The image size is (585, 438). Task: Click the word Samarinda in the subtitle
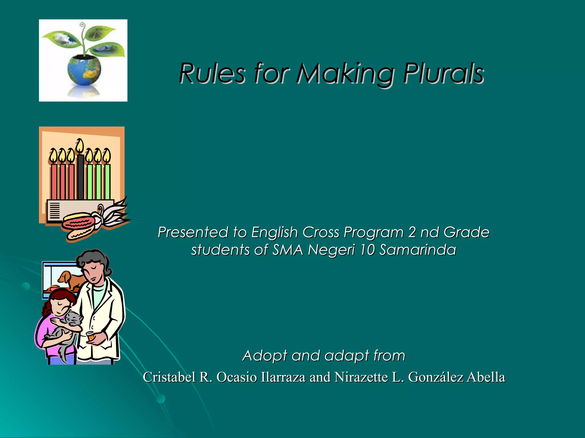pos(417,250)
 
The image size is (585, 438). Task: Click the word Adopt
pos(265,356)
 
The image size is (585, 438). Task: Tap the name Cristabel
pos(169,377)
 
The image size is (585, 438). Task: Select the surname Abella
pos(486,377)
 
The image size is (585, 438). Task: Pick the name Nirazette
pos(361,377)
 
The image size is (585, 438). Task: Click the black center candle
pos(81,177)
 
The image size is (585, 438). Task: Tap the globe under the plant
pos(84,70)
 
